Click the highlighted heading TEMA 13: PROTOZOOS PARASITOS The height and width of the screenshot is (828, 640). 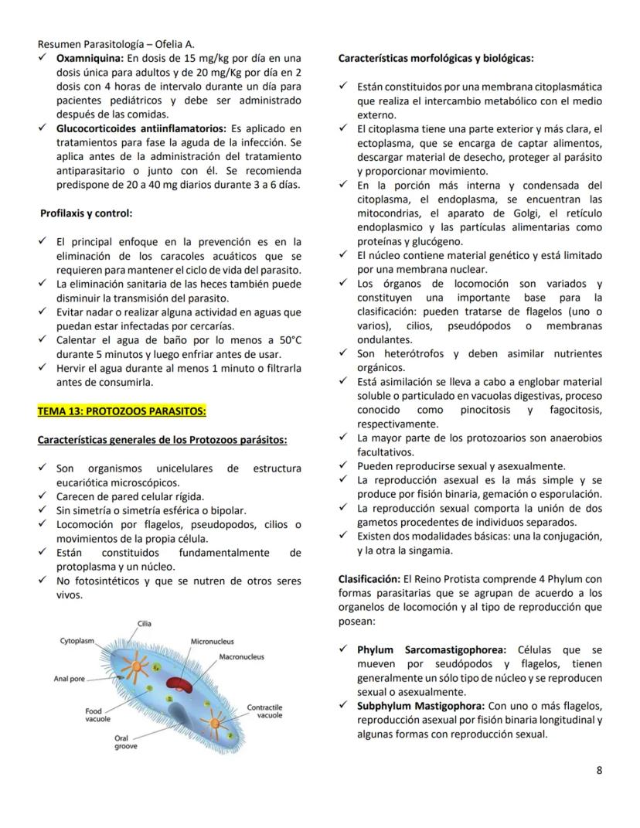tap(121, 411)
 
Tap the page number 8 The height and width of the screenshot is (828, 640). tap(599, 770)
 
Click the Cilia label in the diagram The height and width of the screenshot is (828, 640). tap(145, 623)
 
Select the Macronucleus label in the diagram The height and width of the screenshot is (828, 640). tap(241, 657)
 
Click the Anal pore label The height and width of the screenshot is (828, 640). tap(70, 679)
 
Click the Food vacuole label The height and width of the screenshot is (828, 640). tap(97, 714)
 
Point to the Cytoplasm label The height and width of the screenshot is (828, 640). tap(77, 641)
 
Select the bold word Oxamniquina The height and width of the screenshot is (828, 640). tap(90, 58)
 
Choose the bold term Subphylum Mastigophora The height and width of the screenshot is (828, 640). tap(420, 706)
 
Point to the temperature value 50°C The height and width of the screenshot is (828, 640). tap(284, 341)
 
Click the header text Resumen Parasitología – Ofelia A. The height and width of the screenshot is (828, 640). tap(111, 44)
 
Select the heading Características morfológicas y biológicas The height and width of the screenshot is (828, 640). tap(435, 58)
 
